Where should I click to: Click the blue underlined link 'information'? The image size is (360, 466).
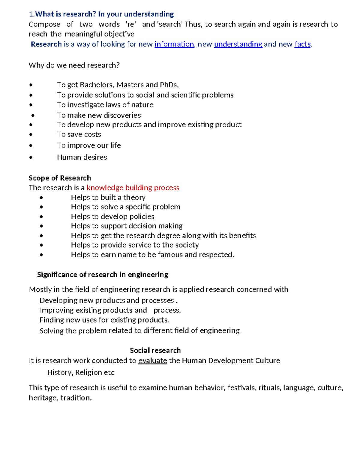pyautogui.click(x=174, y=44)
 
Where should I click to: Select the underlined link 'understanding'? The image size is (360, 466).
pyautogui.click(x=238, y=44)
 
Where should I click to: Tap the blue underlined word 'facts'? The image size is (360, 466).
pyautogui.click(x=302, y=44)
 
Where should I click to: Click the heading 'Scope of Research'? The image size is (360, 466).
pyautogui.click(x=60, y=178)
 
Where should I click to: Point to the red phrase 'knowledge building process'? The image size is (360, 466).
pyautogui.click(x=133, y=188)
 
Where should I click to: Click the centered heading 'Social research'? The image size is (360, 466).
pyautogui.click(x=155, y=350)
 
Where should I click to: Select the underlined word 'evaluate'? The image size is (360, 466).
pyautogui.click(x=152, y=361)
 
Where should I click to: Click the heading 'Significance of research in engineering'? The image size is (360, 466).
pyautogui.click(x=103, y=275)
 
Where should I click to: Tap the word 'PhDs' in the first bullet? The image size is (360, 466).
pyautogui.click(x=169, y=85)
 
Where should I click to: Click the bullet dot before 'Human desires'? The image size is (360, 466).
pyautogui.click(x=31, y=157)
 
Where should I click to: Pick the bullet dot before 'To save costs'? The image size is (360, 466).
pyautogui.click(x=31, y=135)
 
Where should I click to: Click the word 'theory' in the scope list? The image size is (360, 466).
pyautogui.click(x=134, y=197)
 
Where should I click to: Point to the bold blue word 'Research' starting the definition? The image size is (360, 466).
pyautogui.click(x=46, y=44)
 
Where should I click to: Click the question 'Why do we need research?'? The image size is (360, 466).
pyautogui.click(x=74, y=65)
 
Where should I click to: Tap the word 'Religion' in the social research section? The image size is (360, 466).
pyautogui.click(x=88, y=373)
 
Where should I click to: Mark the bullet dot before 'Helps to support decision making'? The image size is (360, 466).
pyautogui.click(x=41, y=226)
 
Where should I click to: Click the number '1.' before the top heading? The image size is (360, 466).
pyautogui.click(x=32, y=14)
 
